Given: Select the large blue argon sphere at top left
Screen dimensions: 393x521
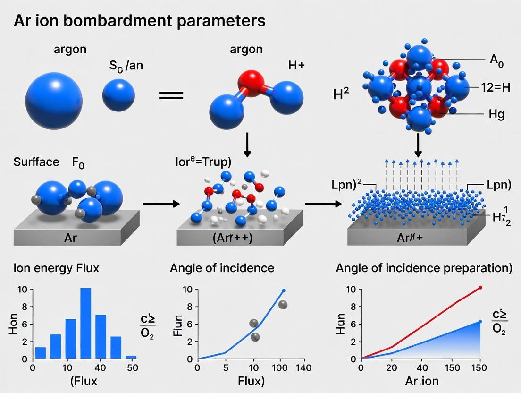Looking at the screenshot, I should [x=53, y=99].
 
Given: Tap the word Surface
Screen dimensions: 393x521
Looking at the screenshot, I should [x=33, y=162].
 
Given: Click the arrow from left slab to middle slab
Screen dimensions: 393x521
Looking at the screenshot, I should [x=161, y=204].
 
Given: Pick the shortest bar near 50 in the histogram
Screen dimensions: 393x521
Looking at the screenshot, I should [x=131, y=357].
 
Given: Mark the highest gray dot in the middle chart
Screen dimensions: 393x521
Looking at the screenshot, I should [x=283, y=305].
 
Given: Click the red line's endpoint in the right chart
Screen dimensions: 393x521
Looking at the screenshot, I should [x=480, y=287].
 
